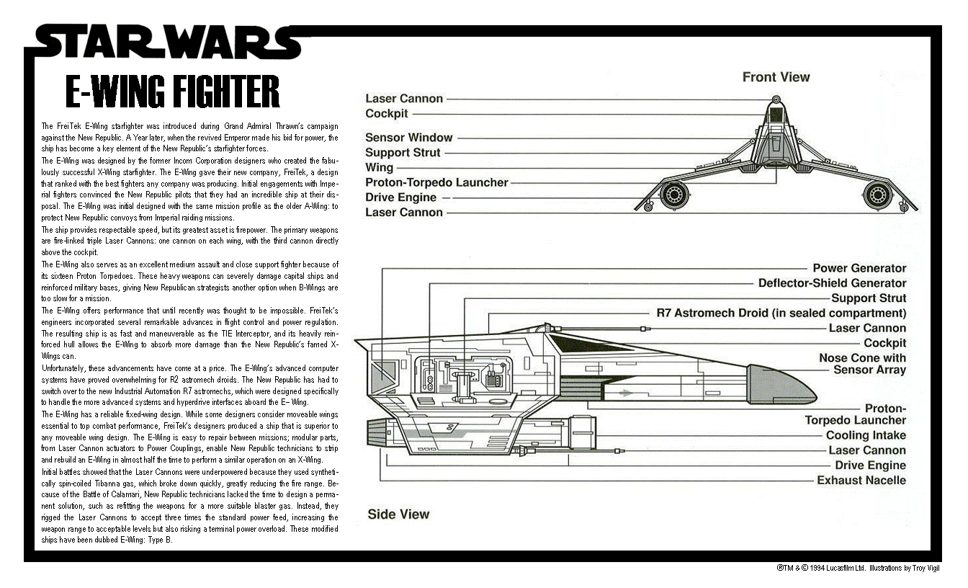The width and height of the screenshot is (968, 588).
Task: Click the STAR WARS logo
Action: [168, 42]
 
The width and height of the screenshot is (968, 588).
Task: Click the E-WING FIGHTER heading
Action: [173, 92]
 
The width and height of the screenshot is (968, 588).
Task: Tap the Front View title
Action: [776, 77]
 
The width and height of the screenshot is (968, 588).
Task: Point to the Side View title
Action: [398, 514]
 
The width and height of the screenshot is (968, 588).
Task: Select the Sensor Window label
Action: [409, 138]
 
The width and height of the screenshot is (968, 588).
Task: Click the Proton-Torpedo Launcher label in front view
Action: [436, 182]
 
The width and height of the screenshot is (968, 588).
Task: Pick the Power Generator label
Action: [859, 268]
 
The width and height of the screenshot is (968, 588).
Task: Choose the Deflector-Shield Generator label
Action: [833, 283]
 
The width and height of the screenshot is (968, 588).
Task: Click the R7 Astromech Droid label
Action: [781, 313]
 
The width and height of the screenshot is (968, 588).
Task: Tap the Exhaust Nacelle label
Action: [861, 481]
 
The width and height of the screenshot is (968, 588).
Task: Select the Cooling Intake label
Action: [866, 435]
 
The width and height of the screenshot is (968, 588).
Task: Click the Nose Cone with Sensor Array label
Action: [863, 364]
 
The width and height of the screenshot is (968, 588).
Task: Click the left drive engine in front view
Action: [673, 195]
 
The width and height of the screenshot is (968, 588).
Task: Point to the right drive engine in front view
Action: [877, 195]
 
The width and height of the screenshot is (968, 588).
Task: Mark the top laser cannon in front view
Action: [776, 99]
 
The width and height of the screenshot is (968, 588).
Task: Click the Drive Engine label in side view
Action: [870, 465]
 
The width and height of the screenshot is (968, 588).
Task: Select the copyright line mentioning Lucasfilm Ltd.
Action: [858, 568]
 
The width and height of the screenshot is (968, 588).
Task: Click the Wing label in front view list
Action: [379, 168]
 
